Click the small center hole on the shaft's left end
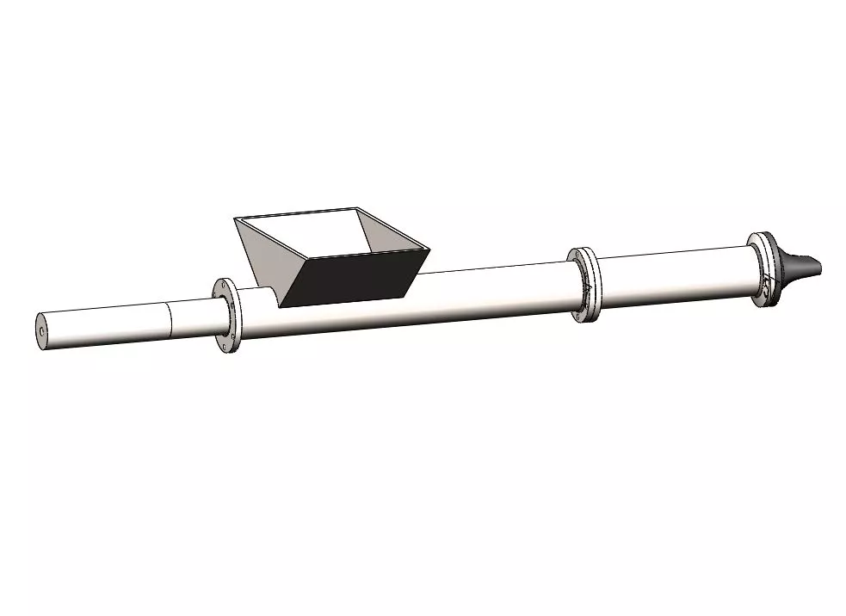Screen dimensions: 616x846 pyautogui.click(x=41, y=330)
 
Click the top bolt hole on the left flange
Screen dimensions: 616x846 pyautogui.click(x=225, y=286)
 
